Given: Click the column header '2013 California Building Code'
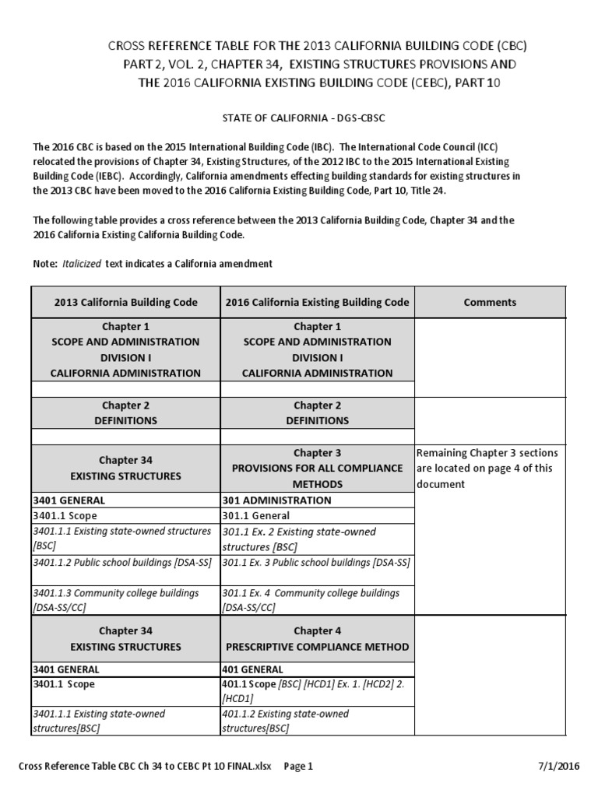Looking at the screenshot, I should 125,302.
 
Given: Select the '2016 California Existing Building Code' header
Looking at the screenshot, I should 317,302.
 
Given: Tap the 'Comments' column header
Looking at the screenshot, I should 490,302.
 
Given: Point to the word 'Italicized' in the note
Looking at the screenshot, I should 82,264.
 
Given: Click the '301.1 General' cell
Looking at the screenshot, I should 256,515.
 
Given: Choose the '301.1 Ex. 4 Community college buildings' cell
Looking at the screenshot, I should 311,599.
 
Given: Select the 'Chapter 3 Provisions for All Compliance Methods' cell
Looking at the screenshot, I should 317,468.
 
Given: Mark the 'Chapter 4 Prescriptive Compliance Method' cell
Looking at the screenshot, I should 317,638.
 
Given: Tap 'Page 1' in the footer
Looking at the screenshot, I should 297,766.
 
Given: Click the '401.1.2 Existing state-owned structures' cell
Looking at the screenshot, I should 285,721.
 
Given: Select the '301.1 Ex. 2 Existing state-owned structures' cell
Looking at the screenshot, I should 299,539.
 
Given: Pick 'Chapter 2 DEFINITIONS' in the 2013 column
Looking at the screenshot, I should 125,413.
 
